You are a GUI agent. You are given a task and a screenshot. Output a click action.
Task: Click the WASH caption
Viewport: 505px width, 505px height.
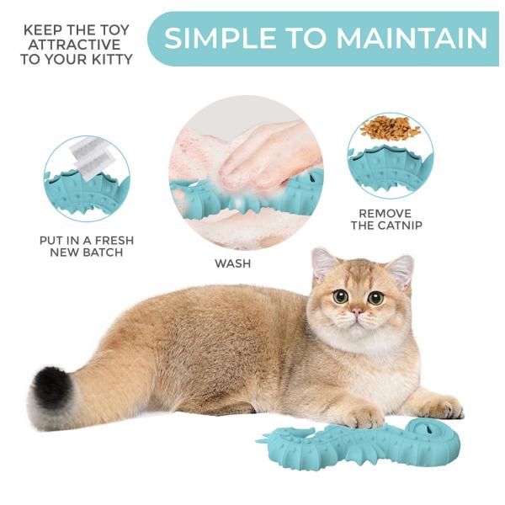[232, 263]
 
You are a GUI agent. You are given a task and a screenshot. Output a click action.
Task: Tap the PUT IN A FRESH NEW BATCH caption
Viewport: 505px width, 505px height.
[87, 247]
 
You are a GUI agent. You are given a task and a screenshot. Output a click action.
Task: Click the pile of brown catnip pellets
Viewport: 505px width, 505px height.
[390, 129]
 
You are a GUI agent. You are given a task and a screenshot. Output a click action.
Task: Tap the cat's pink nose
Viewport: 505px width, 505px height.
[357, 313]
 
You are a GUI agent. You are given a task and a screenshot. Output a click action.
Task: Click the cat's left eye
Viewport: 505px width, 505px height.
[341, 296]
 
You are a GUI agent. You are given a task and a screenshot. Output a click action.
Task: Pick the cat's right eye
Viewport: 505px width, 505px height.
[376, 297]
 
